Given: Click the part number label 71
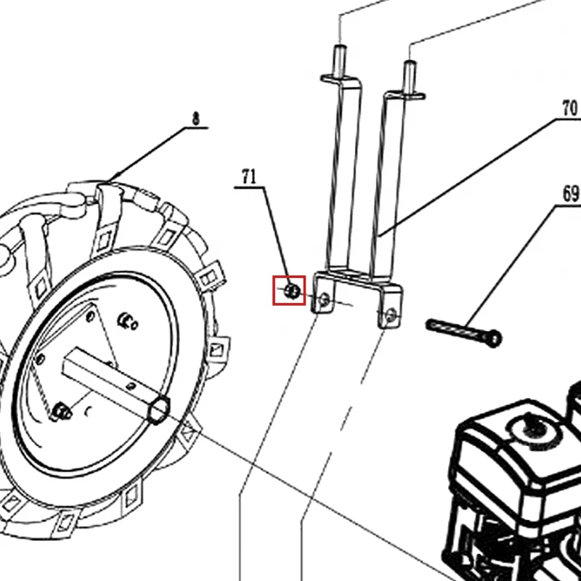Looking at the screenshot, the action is tap(249, 176).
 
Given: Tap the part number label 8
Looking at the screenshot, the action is tap(195, 118).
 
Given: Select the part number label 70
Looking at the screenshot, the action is tap(569, 108).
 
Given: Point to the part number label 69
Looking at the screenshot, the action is tap(571, 193).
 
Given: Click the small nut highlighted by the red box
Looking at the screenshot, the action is tap(293, 291).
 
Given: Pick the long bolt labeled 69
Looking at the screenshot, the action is tap(464, 333).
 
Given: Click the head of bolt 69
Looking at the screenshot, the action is tap(494, 338).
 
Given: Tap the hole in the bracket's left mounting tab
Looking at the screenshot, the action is tap(324, 299).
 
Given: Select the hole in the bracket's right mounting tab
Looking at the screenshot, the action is tap(391, 316).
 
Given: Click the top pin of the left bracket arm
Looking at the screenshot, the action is tap(340, 61).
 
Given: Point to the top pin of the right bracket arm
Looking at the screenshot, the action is tap(410, 77).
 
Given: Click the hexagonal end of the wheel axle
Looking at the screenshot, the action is tap(159, 410).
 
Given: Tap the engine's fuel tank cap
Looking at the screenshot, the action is tap(532, 427).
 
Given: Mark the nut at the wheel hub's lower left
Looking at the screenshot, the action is tap(61, 412).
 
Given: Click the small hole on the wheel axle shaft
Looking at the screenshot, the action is tap(130, 387).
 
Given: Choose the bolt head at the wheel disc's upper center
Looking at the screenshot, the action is tap(127, 322).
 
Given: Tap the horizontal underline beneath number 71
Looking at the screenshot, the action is tap(249, 188).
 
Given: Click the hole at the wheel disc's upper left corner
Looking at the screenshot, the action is tap(90, 317).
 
